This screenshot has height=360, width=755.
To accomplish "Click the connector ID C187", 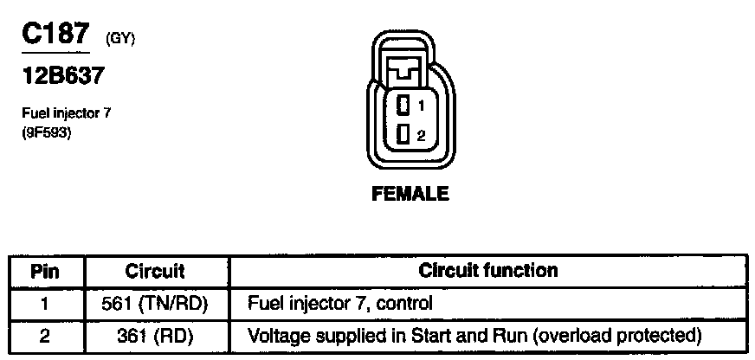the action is pos(55,35).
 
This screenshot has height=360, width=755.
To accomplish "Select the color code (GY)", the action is pos(120,39).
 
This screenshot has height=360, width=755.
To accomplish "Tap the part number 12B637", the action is pos(62,76).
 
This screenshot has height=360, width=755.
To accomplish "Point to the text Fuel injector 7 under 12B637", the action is pos(67,112).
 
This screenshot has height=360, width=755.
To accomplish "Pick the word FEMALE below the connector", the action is pos(410,195).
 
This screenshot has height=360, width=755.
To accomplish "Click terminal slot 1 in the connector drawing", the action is pos(403,106).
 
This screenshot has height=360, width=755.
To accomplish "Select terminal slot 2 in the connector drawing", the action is pos(403,134).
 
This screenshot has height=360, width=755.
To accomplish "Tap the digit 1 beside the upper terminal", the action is pos(420,106).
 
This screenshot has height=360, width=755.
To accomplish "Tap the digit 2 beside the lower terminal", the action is pos(420,135).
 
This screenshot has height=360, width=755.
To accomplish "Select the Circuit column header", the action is pos(155,271).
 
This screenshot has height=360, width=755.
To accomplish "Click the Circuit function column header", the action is pos(488,270).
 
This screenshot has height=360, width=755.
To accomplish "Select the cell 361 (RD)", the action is pos(155,334).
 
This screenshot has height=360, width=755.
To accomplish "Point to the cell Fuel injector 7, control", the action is pos(339,304).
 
